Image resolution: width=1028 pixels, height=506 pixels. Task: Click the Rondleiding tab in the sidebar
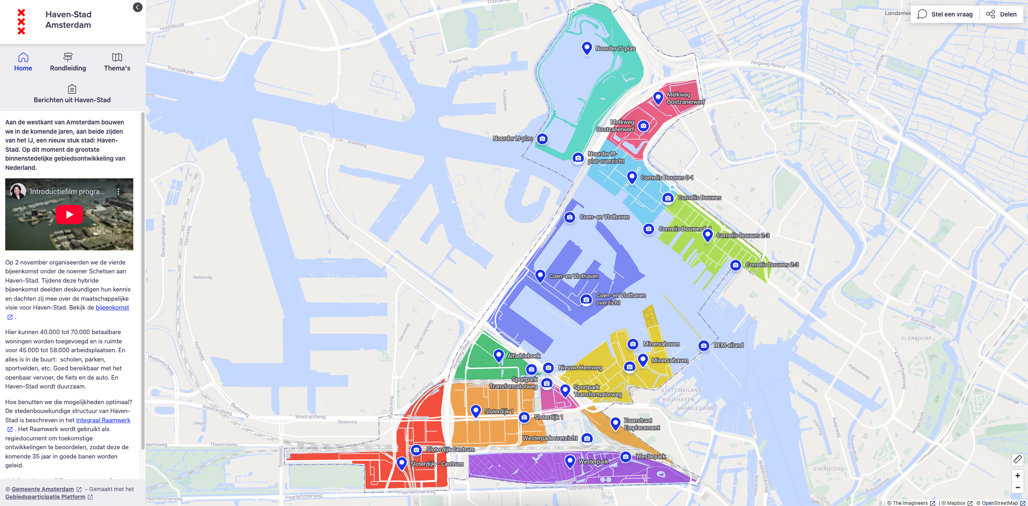pyautogui.click(x=68, y=62)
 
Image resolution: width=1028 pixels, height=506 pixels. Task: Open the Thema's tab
pyautogui.click(x=117, y=62)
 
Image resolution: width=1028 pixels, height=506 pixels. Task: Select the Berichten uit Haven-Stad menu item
pyautogui.click(x=72, y=94)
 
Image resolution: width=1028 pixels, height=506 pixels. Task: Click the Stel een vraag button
pyautogui.click(x=945, y=14)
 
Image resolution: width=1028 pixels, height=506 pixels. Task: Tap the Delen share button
pyautogui.click(x=1001, y=14)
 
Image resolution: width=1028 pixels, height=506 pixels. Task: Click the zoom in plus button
pyautogui.click(x=1018, y=475)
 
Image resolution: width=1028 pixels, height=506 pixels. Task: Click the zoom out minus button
pyautogui.click(x=1018, y=487)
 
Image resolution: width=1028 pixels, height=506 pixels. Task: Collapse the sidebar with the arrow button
pyautogui.click(x=138, y=7)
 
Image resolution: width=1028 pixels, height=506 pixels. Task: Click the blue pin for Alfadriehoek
pyautogui.click(x=498, y=355)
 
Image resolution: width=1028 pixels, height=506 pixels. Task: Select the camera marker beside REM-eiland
pyautogui.click(x=704, y=345)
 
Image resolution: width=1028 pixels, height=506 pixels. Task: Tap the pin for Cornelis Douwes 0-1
pyautogui.click(x=632, y=176)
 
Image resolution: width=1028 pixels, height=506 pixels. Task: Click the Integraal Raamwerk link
pyautogui.click(x=103, y=420)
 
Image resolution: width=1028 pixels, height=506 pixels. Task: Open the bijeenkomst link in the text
pyautogui.click(x=112, y=308)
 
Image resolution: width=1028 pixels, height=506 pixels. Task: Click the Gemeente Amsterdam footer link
pyautogui.click(x=43, y=489)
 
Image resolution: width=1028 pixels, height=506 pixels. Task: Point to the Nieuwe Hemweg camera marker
pyautogui.click(x=548, y=368)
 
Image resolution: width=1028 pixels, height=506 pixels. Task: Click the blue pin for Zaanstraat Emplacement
pyautogui.click(x=615, y=423)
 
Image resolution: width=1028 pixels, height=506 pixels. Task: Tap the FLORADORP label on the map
pyautogui.click(x=916, y=339)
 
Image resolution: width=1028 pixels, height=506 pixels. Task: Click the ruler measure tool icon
pyautogui.click(x=1018, y=459)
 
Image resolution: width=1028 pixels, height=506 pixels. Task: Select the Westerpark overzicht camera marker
pyautogui.click(x=587, y=438)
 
